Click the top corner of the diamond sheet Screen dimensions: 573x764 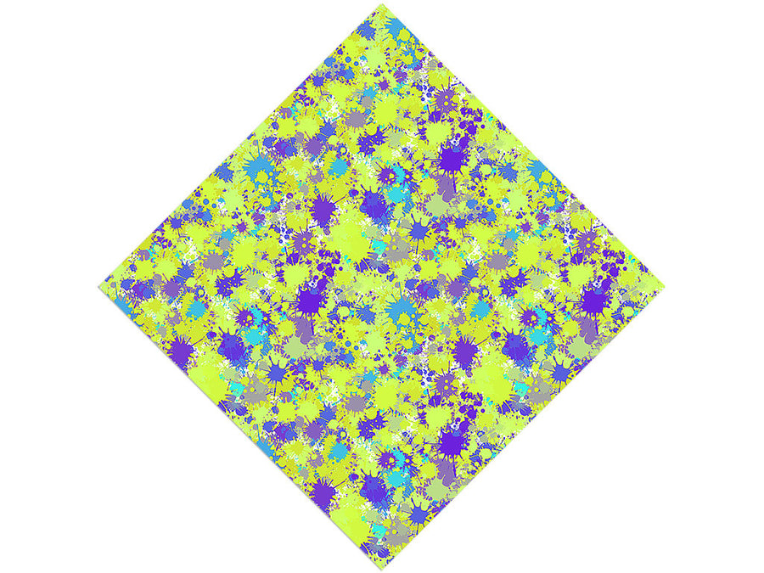coord(382,4)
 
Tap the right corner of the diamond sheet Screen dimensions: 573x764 coord(664,286)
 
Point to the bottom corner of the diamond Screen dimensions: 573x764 coord(382,568)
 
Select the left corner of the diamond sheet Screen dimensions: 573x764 coord(100,286)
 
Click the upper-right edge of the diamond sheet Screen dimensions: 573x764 coord(523,145)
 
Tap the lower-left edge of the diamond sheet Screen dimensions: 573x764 coord(241,427)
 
